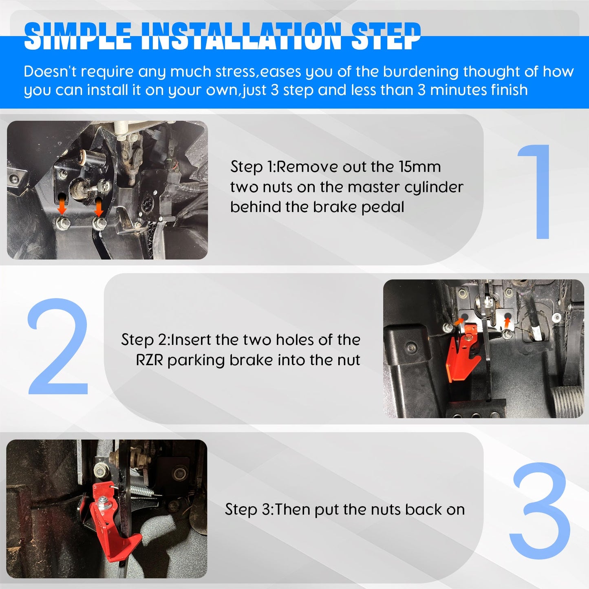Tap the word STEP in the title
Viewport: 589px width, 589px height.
tap(386, 36)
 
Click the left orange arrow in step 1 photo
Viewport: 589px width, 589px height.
tap(62, 205)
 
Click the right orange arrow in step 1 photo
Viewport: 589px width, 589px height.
tap(99, 207)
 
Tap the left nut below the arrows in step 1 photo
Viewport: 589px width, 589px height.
tap(64, 223)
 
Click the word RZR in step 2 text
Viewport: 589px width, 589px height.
tap(149, 360)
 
